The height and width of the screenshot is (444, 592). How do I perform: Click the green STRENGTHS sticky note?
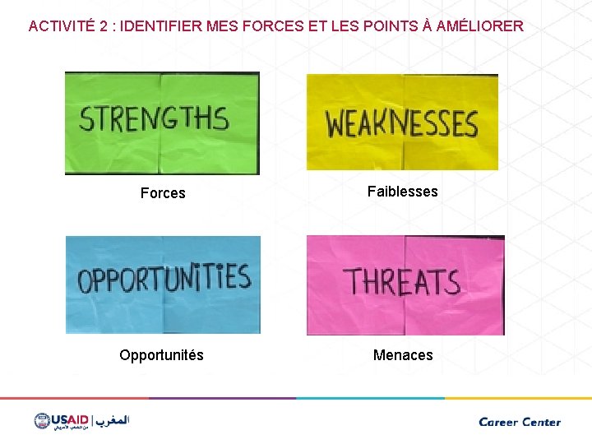[x=162, y=123]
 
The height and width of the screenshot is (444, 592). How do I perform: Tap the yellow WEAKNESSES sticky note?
[x=402, y=123]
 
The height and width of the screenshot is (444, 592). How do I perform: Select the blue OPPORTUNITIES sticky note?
[x=163, y=284]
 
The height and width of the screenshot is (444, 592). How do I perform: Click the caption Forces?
[x=163, y=193]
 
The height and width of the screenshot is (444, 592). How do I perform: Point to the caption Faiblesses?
[x=403, y=192]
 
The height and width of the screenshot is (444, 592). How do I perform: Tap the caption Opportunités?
[x=161, y=355]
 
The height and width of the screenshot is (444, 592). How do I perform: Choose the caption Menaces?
[x=403, y=355]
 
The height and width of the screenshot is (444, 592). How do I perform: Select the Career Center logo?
[x=520, y=422]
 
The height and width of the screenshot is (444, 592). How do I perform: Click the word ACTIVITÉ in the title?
[x=60, y=26]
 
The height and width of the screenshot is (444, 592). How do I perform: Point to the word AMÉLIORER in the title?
[x=479, y=26]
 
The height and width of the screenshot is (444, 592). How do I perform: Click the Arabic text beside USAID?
[x=113, y=421]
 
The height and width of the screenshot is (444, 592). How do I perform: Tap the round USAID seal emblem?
[x=42, y=421]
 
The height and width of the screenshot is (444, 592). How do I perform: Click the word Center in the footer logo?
[x=540, y=422]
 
